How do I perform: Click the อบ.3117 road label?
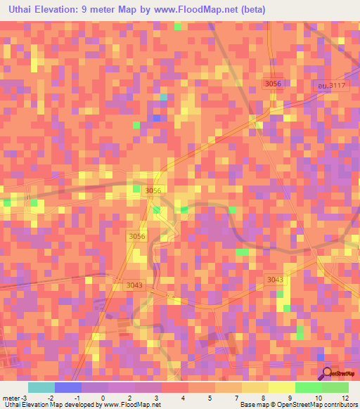coord(331,85)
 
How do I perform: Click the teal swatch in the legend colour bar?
coord(41,387)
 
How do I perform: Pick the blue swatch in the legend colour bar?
coord(67,387)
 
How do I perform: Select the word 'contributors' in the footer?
coord(340,405)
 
